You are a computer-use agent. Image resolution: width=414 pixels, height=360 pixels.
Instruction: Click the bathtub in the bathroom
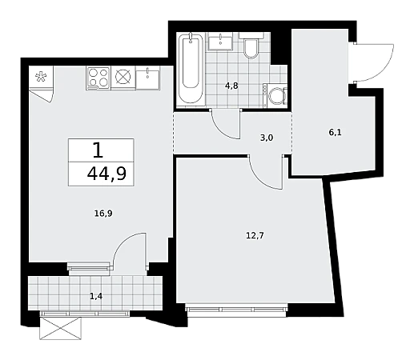[x=191, y=69]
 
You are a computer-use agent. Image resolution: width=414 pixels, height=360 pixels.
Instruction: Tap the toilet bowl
[x=251, y=46]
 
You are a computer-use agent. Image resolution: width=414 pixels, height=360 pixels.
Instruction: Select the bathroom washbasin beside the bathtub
[x=220, y=42]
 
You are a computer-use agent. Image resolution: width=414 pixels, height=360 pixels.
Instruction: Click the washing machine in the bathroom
[x=275, y=95]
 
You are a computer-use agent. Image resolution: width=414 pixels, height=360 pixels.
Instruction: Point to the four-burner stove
[x=98, y=78]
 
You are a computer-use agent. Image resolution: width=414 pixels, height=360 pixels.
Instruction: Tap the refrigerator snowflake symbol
[x=41, y=77]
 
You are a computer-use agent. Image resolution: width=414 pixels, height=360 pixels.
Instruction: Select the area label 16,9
[x=103, y=214]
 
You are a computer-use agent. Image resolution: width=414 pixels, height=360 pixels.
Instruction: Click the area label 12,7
[x=255, y=235]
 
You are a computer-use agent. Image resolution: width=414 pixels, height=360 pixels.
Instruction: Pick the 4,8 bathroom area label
[x=231, y=86]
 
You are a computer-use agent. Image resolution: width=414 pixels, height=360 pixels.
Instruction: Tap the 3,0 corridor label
[x=267, y=138]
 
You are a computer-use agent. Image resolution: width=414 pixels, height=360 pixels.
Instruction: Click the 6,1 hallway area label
[x=336, y=132]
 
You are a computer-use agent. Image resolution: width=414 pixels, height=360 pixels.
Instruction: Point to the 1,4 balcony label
[x=96, y=296]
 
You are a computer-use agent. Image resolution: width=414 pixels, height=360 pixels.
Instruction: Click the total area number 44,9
[x=107, y=174]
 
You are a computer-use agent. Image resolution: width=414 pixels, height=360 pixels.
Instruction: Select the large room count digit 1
[x=98, y=150]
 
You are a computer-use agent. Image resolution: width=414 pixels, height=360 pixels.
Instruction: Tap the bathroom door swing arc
[x=222, y=129]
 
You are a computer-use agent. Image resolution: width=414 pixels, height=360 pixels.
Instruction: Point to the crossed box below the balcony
[x=60, y=328]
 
